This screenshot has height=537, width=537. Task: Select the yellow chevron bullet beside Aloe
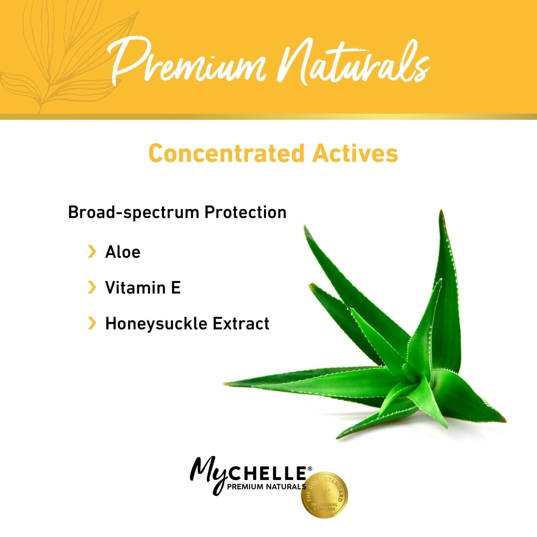click(x=92, y=252)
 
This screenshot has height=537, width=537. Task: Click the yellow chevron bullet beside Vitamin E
click(x=92, y=287)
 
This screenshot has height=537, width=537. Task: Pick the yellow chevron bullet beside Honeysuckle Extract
click(x=92, y=324)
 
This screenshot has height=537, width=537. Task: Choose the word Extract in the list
click(x=241, y=324)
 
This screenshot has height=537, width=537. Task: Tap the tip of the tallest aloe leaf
click(x=440, y=212)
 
